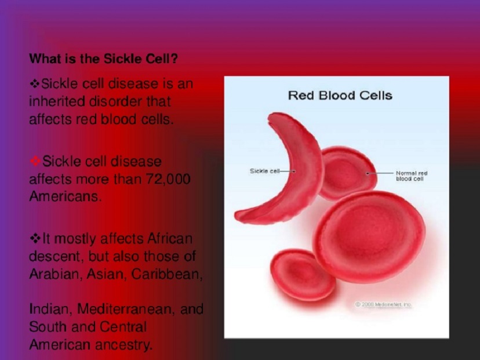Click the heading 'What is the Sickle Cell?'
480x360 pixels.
click(x=103, y=59)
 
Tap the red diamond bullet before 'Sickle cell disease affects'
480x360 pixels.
click(x=35, y=161)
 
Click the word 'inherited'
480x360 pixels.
click(x=57, y=101)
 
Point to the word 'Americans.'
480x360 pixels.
click(x=65, y=196)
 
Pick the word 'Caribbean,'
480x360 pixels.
click(x=167, y=274)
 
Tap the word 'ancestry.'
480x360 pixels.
click(x=123, y=346)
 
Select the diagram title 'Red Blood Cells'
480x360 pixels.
click(x=340, y=96)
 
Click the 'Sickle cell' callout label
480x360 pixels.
click(x=265, y=171)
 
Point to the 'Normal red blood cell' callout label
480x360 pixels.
click(x=412, y=176)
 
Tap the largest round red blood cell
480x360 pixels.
click(x=369, y=237)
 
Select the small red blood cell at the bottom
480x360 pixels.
click(x=303, y=275)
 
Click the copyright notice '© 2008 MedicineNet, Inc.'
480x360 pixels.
click(x=383, y=304)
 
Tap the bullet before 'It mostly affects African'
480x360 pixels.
click(x=35, y=238)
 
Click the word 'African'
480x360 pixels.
click(x=170, y=238)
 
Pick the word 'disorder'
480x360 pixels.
click(x=115, y=101)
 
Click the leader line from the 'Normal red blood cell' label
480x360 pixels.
click(x=380, y=173)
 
